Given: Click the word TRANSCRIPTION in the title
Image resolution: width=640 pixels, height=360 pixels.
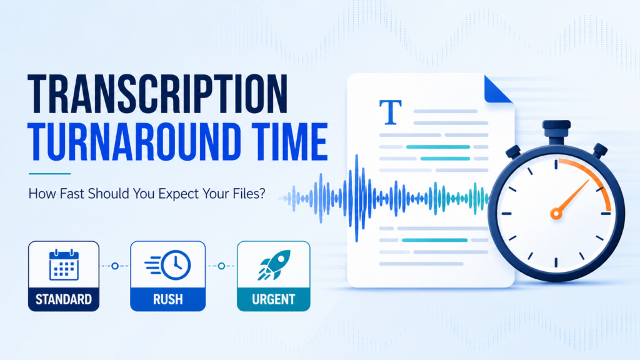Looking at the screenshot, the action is tap(157, 94).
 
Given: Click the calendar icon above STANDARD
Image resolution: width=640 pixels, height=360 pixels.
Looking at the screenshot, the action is tap(64, 265).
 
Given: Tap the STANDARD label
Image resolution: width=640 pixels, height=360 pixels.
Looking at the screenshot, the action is tap(64, 299).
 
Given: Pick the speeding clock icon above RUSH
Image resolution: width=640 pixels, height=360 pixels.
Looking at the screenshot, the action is tap(167, 265).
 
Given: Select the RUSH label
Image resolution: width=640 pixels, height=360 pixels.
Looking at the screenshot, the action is tap(167, 299).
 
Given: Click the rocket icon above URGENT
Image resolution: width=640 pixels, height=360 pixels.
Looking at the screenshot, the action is tap(274, 264).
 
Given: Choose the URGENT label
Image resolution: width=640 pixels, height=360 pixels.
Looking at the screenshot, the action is tap(274, 299).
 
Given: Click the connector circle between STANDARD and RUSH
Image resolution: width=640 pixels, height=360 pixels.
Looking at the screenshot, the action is tap(115, 266).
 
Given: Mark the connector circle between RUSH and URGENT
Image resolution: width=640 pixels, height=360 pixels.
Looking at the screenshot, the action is tap(221, 266).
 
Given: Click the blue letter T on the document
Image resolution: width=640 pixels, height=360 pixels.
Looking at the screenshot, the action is tap(390, 112).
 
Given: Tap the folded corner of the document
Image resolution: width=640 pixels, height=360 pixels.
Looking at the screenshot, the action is tap(498, 89).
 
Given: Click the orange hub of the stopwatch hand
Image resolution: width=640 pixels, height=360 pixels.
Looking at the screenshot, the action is tap(556, 213).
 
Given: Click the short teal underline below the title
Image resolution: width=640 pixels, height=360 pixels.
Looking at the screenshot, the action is tap(50, 174).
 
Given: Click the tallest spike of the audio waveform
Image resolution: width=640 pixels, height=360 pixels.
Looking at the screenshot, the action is tap(357, 198).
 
